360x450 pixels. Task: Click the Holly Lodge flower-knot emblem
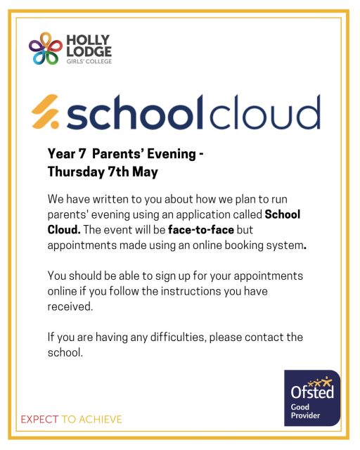pos(46,49)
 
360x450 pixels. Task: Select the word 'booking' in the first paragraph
pos(244,245)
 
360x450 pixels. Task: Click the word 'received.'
pos(71,307)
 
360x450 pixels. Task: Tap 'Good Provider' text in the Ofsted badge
pos(305,412)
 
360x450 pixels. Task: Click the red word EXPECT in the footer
pos(39,420)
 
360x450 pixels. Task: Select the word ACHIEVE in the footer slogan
pos(100,420)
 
